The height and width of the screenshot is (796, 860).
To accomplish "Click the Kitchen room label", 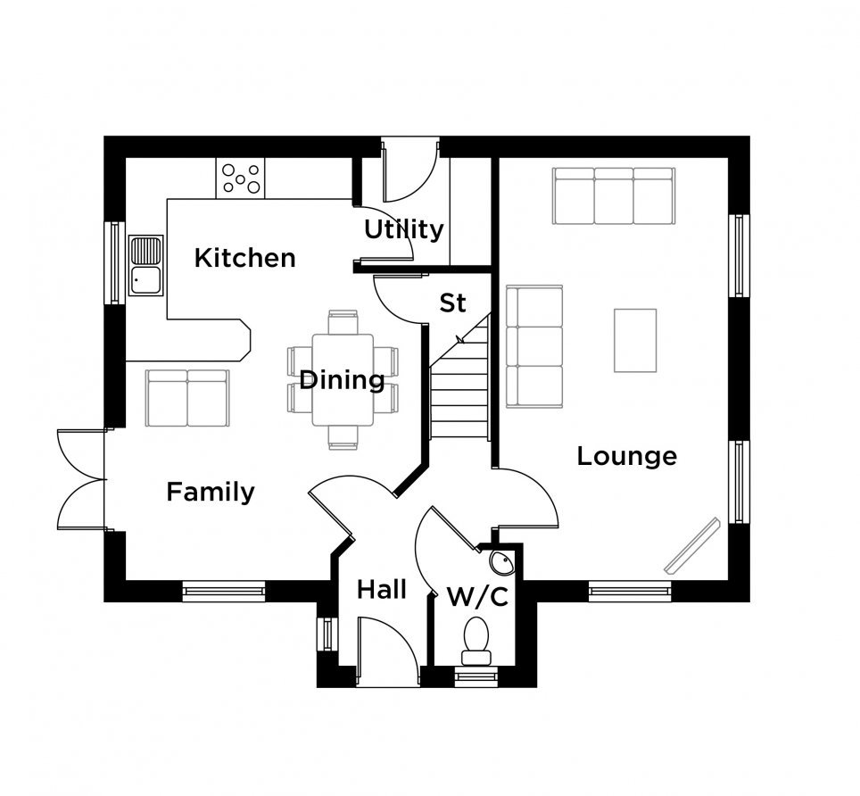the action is coord(244,258).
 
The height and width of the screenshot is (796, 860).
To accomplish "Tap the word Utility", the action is coord(403,229).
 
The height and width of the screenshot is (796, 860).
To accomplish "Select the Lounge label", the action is coord(627,456).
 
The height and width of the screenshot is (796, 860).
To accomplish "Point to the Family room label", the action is coord(211,492).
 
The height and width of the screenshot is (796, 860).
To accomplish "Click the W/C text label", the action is coord(477,597).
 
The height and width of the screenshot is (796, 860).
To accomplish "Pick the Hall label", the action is coord(382,590).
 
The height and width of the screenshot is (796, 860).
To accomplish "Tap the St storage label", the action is coord(452,303).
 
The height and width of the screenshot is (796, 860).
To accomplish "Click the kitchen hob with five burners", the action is coord(240,178).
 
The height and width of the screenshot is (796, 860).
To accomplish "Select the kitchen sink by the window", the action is coord(146,266).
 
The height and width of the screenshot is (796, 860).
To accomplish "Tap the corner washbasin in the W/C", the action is coord(502,562).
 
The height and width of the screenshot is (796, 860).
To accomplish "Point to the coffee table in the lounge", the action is coord(635,341).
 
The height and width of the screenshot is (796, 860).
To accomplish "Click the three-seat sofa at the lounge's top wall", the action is coord(614,195).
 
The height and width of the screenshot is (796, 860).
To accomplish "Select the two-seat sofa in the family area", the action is coord(187,398).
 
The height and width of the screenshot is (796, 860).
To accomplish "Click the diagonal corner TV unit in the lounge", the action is coord(692,546).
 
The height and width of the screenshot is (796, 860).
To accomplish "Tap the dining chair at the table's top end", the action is coord(343,322).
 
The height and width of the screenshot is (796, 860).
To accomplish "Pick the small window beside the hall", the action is coord(327,634).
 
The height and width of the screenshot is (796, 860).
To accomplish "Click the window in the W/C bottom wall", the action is coord(475,677).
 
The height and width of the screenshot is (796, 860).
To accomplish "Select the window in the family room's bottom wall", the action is coord(224,592).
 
